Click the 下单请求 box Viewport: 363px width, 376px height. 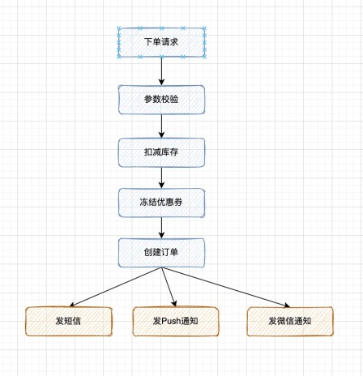click(161, 42)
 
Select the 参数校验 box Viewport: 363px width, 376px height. click(161, 100)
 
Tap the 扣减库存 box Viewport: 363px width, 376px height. click(161, 152)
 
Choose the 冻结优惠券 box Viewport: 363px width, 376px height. click(161, 203)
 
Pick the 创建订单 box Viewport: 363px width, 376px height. click(161, 253)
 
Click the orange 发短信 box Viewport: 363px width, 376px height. click(69, 322)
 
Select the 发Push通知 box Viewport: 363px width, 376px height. click(176, 322)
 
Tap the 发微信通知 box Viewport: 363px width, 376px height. click(290, 322)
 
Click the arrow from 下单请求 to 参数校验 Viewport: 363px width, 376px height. click(161, 71)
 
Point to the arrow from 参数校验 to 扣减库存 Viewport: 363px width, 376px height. click(161, 126)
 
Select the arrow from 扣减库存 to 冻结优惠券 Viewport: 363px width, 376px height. click(161, 177)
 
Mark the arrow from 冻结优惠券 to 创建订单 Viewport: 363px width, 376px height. click(161, 228)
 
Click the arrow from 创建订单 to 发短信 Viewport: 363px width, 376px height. click(116, 287)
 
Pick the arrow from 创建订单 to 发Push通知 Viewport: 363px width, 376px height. click(169, 287)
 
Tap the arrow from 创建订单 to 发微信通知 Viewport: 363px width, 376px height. click(226, 287)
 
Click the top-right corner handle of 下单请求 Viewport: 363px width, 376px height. click(204, 28)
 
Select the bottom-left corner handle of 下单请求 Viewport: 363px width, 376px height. click(118, 57)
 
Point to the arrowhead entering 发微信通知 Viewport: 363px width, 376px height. click(287, 305)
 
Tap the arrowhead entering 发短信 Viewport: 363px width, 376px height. click(72, 305)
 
